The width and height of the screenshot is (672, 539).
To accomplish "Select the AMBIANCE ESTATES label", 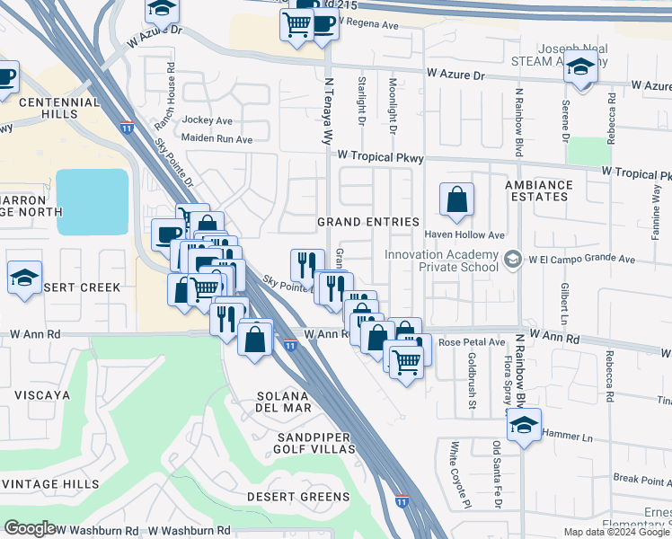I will point(537,190).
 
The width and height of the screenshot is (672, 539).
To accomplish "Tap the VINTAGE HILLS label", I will point(49,484).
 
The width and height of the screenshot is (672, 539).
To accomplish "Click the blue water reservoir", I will point(93,202).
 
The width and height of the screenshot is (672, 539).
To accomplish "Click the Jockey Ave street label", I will point(207,120).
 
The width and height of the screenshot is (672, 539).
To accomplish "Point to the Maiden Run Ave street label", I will point(217,139).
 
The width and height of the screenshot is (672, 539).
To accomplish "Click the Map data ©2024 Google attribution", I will point(617,532).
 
